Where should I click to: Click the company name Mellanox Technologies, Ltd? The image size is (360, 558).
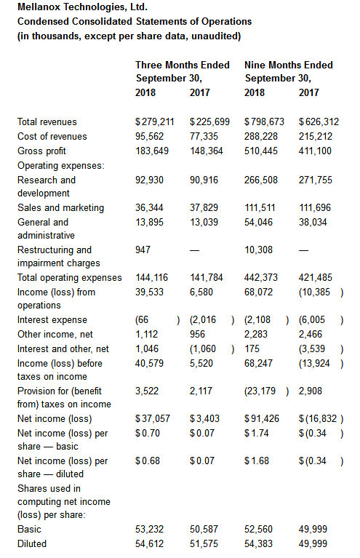pos(82,7)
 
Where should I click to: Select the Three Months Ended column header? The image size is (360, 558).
pos(183,65)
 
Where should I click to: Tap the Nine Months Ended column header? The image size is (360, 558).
pos(289,65)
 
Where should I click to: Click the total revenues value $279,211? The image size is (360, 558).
pos(155,122)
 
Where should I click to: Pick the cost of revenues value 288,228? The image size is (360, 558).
pos(261,137)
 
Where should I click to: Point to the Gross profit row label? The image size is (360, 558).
pos(41,151)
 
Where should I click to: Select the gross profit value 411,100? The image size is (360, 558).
pos(315,151)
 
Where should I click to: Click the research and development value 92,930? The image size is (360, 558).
pos(149,180)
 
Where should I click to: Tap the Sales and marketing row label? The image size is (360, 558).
pos(61,208)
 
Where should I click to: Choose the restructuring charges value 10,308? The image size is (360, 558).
pos(259,250)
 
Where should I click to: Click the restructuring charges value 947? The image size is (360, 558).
pos(143,250)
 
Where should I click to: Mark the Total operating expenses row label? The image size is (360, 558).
pos(70,278)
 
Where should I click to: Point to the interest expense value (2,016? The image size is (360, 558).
pos(203,320)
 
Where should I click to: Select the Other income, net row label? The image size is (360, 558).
pos(55,335)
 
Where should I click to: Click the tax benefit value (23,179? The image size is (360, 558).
pos(260,391)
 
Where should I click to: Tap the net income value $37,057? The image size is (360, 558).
pos(153,418)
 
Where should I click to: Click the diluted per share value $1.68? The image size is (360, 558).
pos(257,461)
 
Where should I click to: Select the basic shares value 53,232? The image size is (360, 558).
pos(149,530)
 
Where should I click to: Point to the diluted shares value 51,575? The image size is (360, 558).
pos(204,544)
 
